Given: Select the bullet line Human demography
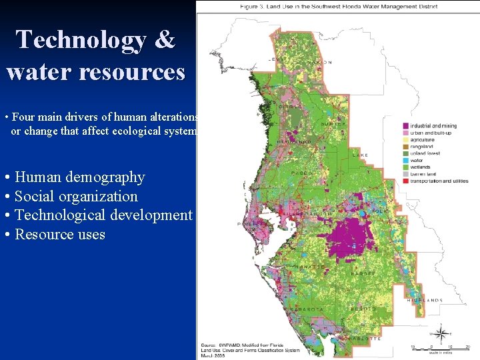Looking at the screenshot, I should [x=79, y=177].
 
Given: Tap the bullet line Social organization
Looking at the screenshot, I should [x=76, y=196].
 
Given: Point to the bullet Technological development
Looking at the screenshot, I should [x=103, y=215].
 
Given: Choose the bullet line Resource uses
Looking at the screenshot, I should [x=59, y=235].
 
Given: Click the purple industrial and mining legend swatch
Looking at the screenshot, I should [x=406, y=126].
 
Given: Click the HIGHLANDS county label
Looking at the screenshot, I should [x=425, y=301].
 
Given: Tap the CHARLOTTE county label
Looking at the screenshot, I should [x=365, y=339].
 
